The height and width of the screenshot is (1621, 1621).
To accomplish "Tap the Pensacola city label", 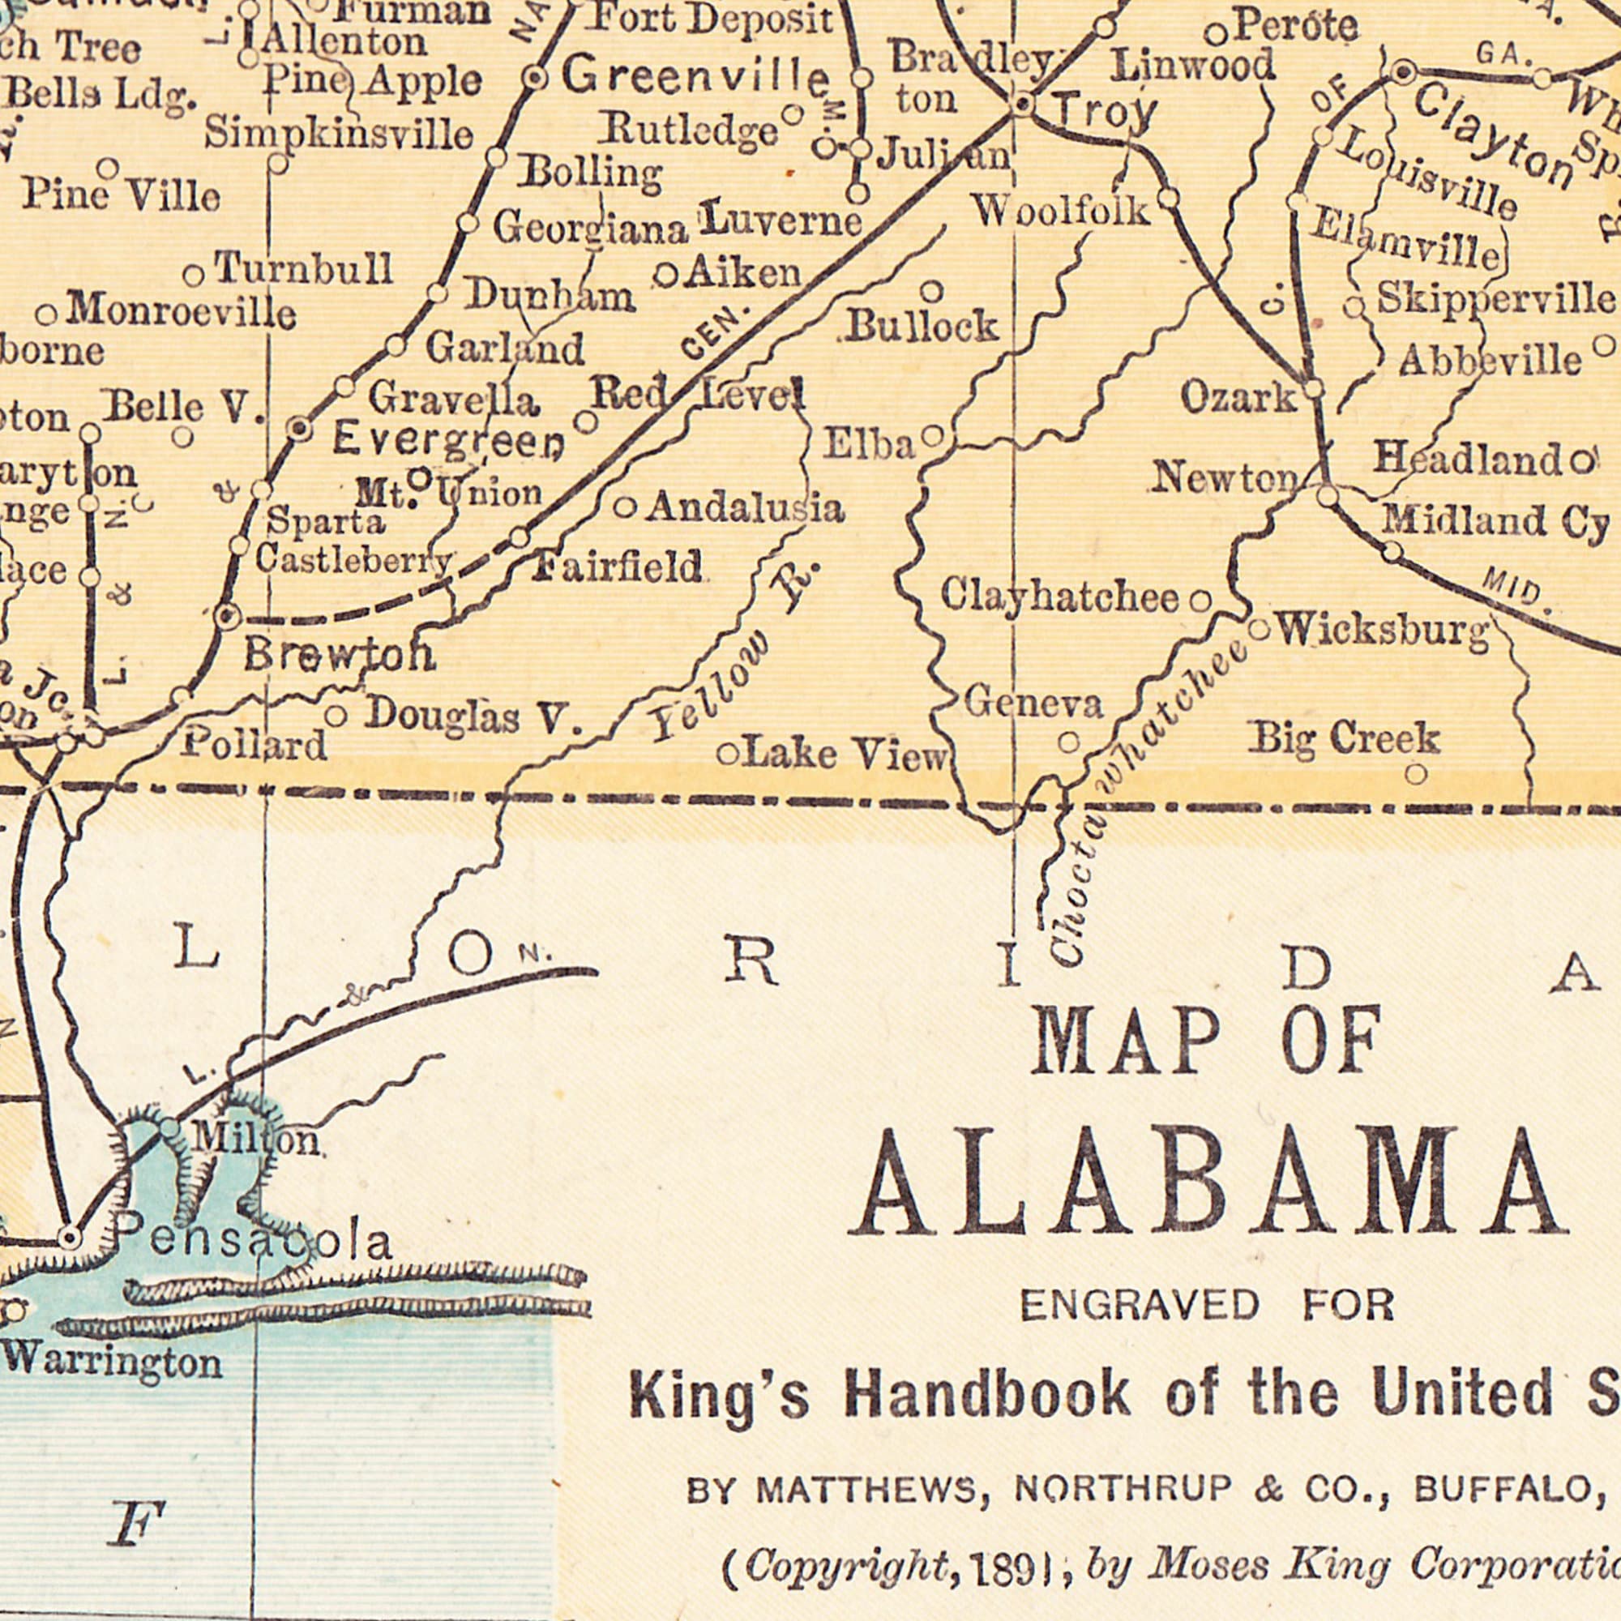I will pyautogui.click(x=252, y=1242).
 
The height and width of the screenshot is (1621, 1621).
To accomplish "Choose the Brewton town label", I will pyautogui.click(x=340, y=655).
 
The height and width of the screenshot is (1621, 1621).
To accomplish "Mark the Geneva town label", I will pyautogui.click(x=1033, y=703).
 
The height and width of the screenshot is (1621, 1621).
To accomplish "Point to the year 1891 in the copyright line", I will pyautogui.click(x=1010, y=1542).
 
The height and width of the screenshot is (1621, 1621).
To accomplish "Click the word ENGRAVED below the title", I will pyautogui.click(x=1140, y=1306).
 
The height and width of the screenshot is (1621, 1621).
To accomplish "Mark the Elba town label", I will pyautogui.click(x=868, y=446).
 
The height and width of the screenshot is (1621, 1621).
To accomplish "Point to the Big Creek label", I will pyautogui.click(x=1345, y=738).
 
